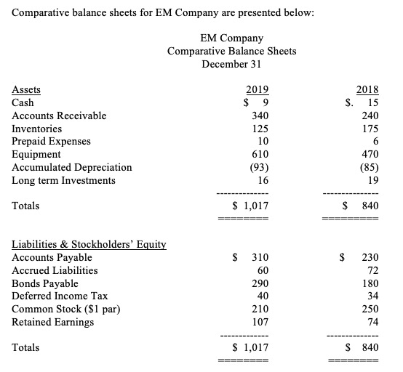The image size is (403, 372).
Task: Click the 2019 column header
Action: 258,90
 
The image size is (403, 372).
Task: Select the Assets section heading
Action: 27,90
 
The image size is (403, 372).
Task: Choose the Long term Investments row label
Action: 64,180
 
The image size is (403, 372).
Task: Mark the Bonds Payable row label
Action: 45,283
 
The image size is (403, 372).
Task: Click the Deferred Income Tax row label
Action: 58,296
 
